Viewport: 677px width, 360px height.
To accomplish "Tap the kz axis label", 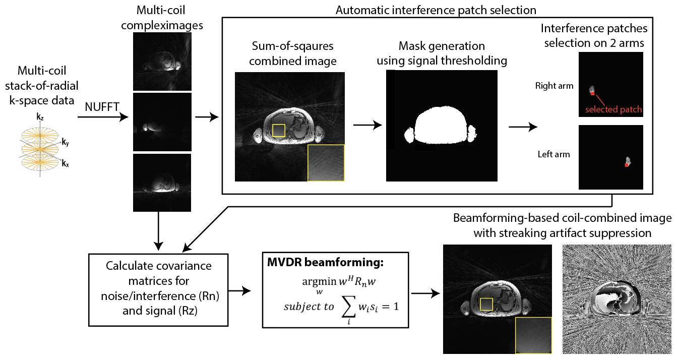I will click(x=40, y=117).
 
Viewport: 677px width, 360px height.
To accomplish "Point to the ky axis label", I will click(x=65, y=143).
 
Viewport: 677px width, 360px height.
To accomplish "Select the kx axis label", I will click(x=65, y=163).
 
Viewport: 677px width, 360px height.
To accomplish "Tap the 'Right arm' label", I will click(x=554, y=86).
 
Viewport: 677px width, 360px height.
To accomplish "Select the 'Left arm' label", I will click(x=555, y=154).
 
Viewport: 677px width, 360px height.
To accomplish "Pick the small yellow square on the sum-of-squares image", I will click(x=278, y=131).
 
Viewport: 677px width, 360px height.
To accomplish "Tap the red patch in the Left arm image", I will click(x=627, y=165).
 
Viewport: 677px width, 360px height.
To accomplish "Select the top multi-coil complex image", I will click(x=162, y=62).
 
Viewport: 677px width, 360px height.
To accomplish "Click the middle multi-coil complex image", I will click(x=162, y=122).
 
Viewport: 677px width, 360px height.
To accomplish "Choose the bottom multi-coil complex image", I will click(x=162, y=183).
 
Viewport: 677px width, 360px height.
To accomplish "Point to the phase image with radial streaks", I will click(x=617, y=299).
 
